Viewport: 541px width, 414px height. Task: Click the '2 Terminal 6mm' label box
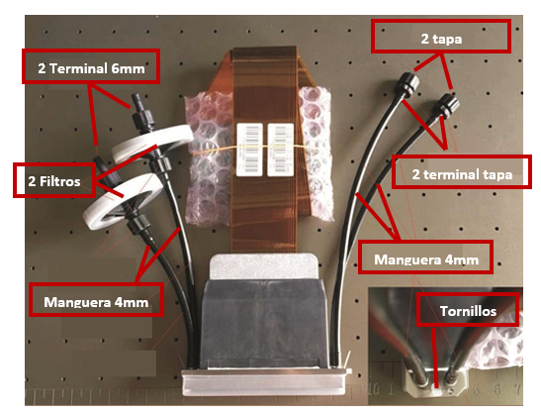[x=91, y=66]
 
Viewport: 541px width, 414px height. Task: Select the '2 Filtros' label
[x=54, y=180]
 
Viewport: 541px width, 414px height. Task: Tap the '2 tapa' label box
[x=441, y=37]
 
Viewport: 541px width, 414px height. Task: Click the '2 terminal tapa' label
[x=462, y=171]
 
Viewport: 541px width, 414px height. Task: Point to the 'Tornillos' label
[x=468, y=309]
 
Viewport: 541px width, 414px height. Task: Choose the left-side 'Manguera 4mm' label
[x=96, y=300]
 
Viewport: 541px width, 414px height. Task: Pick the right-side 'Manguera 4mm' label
[x=425, y=258]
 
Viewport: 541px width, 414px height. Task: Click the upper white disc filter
[x=151, y=144]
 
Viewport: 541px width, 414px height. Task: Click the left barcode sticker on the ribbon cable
[x=250, y=150]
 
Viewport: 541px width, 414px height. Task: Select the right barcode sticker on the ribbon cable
[x=281, y=150]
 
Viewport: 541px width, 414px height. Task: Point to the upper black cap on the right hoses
[x=408, y=83]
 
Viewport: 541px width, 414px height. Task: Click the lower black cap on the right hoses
[x=447, y=104]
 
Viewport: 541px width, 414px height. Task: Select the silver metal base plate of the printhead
[x=263, y=382]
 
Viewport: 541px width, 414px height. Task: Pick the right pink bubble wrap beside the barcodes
[x=316, y=154]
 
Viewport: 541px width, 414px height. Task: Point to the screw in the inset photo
[x=437, y=391]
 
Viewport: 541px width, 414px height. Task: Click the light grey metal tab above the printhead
[x=263, y=266]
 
